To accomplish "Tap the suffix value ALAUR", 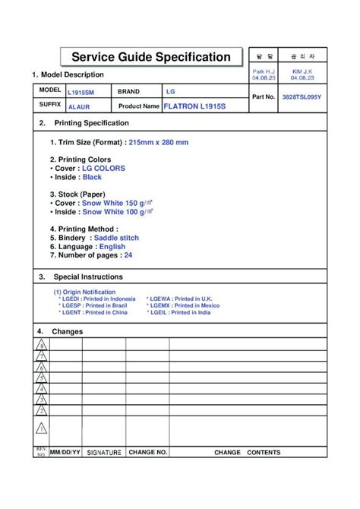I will pos(79,107).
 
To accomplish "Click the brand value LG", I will pos(171,91).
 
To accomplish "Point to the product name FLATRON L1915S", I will pos(194,106).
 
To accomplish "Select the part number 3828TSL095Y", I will pos(302,98).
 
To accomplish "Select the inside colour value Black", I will pos(92,177).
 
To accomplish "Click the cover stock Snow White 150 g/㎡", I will pos(118,204).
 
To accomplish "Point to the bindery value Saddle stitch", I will pos(116,238).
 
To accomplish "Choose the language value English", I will pos(112,247).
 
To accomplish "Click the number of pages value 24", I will pos(128,255).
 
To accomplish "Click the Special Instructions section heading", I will pos(87,277).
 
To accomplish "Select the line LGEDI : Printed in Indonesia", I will pos(97,299).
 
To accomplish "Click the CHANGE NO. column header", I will pos(147,452).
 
